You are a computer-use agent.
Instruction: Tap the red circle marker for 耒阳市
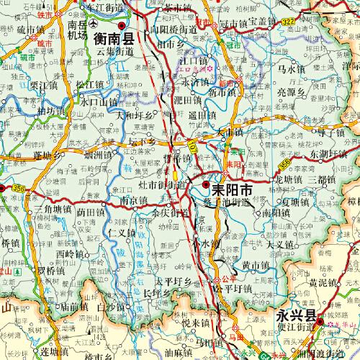[207, 185]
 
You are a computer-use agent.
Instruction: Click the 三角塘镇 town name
[52, 207]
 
